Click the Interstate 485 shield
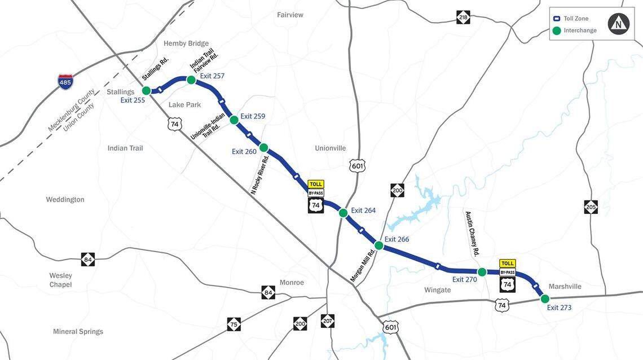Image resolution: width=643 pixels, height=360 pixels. [x=65, y=82]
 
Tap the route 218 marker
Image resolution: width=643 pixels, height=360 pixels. [x=463, y=17]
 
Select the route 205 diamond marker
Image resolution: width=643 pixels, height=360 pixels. [x=591, y=207]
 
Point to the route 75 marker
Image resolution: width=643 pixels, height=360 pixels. [x=234, y=324]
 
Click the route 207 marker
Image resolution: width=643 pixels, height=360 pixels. [x=327, y=321]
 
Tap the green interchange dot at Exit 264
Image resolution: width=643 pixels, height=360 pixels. [x=343, y=213]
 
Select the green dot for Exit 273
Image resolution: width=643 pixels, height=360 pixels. [x=545, y=299]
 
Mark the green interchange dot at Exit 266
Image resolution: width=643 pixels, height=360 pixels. [x=379, y=245]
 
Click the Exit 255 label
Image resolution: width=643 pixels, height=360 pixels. [x=133, y=100]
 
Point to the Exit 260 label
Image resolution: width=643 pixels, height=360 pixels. [x=244, y=151]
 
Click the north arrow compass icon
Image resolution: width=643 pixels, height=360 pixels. [x=619, y=24]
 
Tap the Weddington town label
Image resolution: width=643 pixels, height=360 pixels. [x=65, y=199]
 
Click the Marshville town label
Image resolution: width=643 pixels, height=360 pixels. [x=565, y=287]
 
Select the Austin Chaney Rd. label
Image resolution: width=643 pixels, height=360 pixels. [x=472, y=234]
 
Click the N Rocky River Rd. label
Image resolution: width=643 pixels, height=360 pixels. [x=260, y=175]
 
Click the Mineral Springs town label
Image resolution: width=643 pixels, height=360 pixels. [x=78, y=331]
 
